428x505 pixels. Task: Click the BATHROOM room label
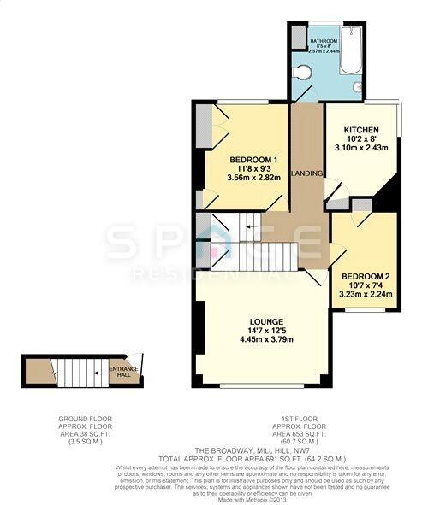324,40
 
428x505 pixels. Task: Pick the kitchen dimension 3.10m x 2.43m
354,149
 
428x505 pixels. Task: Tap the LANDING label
307,173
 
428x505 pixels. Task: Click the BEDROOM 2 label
366,275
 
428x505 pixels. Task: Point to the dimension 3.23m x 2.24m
366,295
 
